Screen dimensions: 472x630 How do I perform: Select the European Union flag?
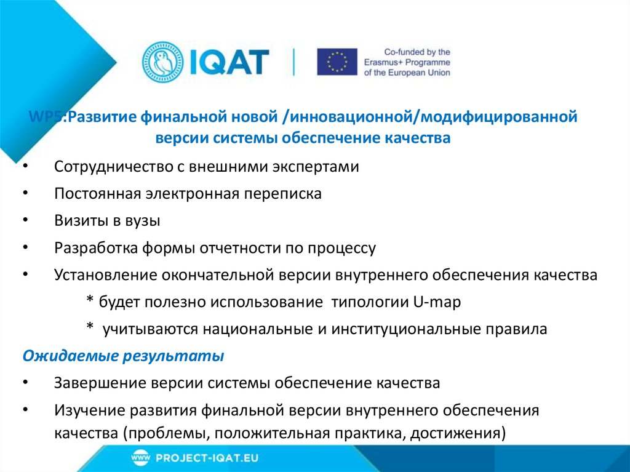click(337, 62)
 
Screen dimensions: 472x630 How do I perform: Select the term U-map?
click(436, 302)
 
